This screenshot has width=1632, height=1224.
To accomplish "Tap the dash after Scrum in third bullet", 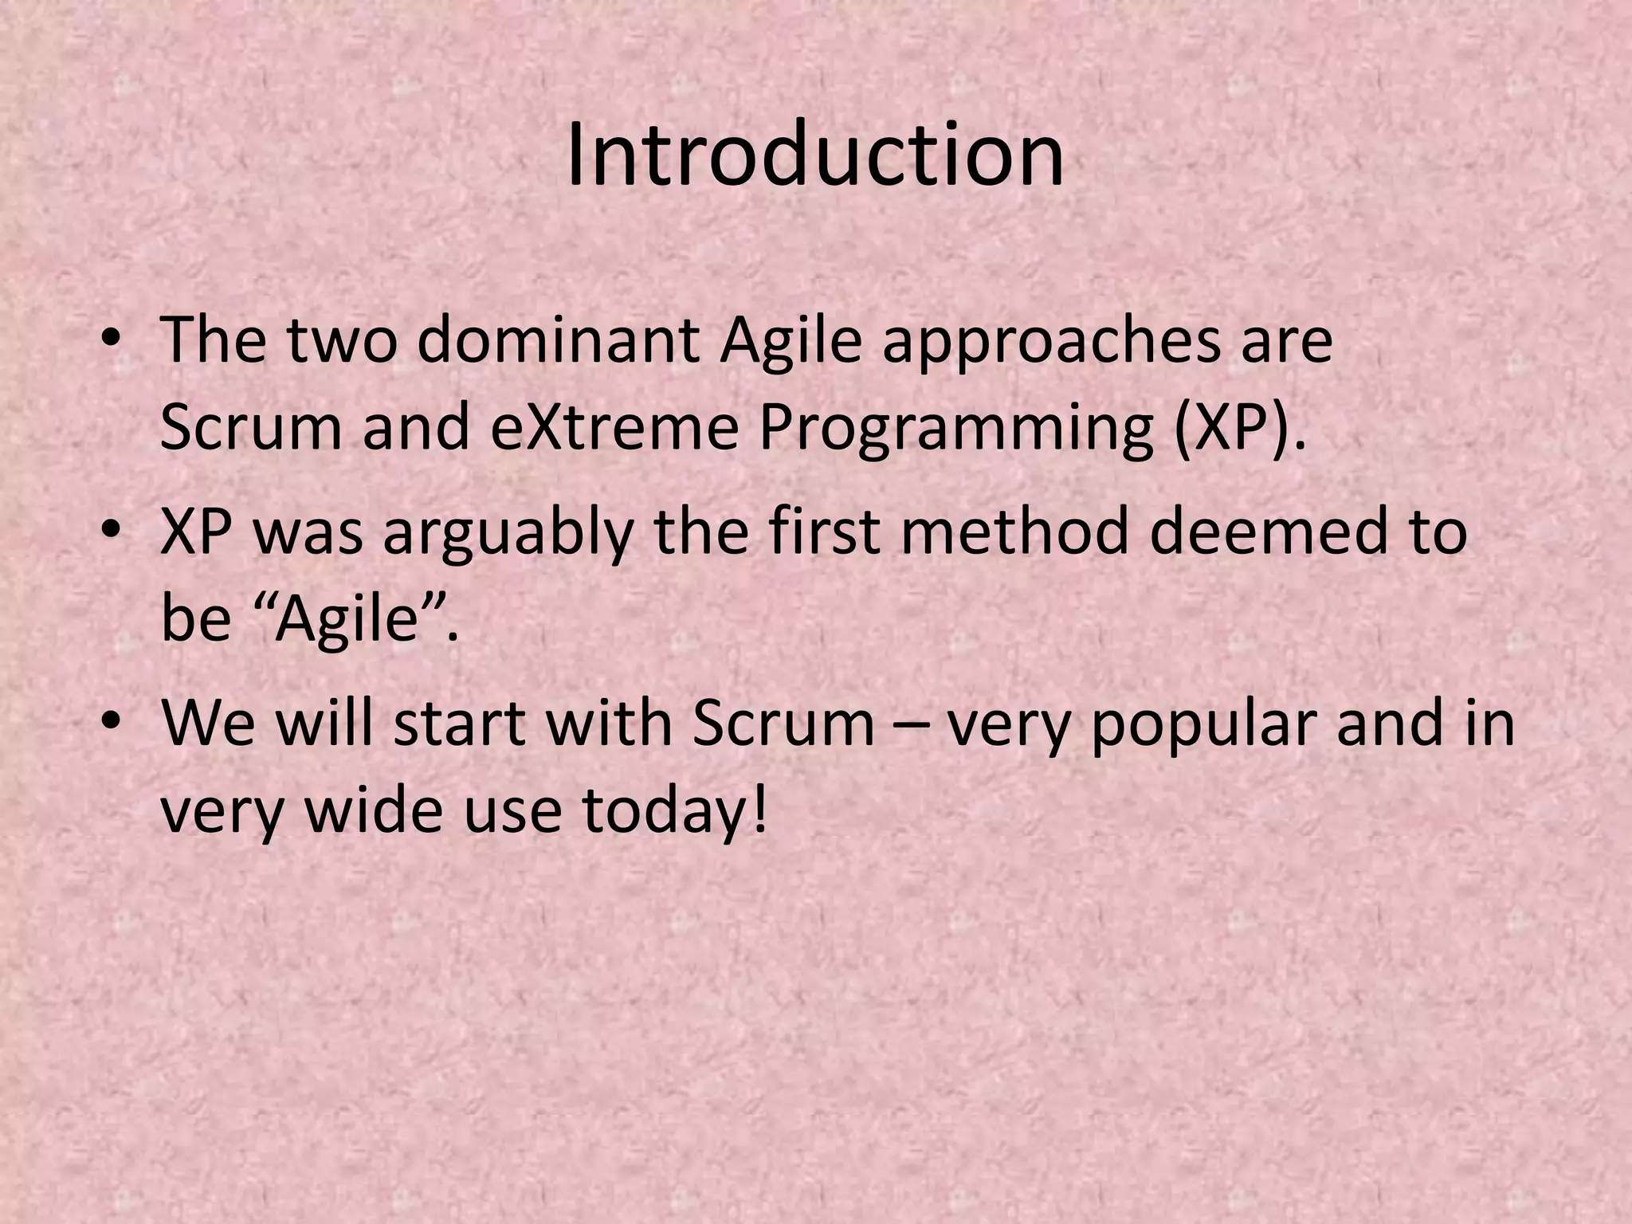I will click(x=910, y=726).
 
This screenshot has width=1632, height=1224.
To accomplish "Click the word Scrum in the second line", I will click(x=253, y=428).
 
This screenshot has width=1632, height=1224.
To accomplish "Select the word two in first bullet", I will click(x=341, y=340).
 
